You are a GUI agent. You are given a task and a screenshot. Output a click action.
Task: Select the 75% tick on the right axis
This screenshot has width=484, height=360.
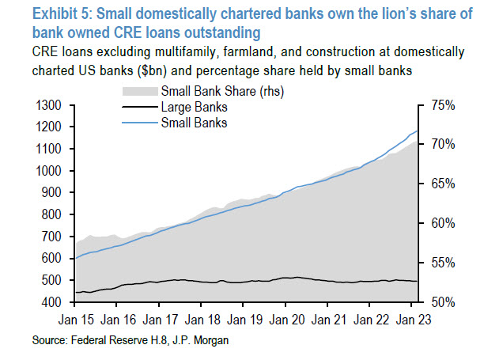pos(441,105)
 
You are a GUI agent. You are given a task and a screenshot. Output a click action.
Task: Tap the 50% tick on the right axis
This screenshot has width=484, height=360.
pos(441,302)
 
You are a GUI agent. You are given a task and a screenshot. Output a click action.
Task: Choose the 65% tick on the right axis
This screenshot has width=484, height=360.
pos(441,184)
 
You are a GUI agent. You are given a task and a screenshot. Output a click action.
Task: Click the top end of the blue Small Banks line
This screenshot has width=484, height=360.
pos(418,131)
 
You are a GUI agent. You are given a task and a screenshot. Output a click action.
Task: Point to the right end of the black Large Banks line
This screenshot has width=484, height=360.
pos(418,281)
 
